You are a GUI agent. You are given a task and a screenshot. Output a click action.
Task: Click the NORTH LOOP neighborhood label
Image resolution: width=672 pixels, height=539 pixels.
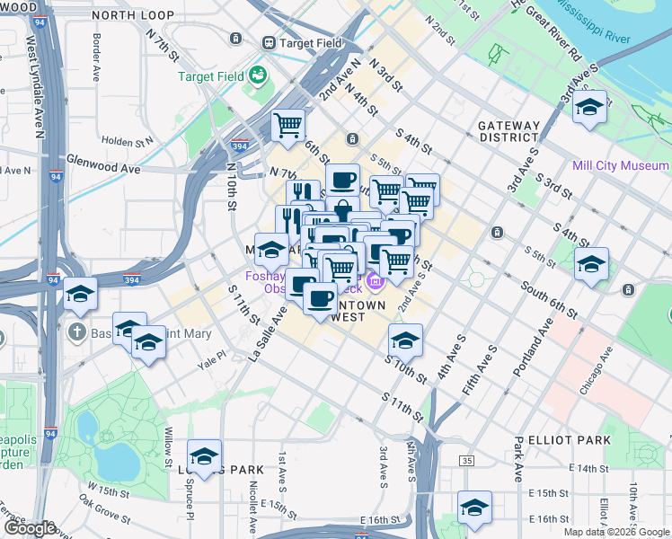[132, 15]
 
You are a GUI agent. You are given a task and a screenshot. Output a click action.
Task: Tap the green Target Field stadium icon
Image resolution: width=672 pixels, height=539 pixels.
[259, 74]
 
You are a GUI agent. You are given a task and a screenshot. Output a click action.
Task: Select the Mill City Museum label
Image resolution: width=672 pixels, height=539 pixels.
[620, 165]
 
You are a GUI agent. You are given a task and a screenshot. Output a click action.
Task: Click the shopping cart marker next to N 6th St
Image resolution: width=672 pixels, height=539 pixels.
[288, 125]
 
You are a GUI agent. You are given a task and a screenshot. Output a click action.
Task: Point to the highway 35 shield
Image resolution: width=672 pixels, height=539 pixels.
[465, 460]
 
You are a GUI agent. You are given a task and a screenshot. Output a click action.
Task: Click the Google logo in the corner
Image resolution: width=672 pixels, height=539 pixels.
[29, 528]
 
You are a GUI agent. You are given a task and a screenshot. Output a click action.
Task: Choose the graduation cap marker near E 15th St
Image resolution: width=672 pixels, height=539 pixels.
[474, 507]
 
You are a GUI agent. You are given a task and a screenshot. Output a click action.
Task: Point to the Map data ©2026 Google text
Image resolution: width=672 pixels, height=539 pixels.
[616, 532]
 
